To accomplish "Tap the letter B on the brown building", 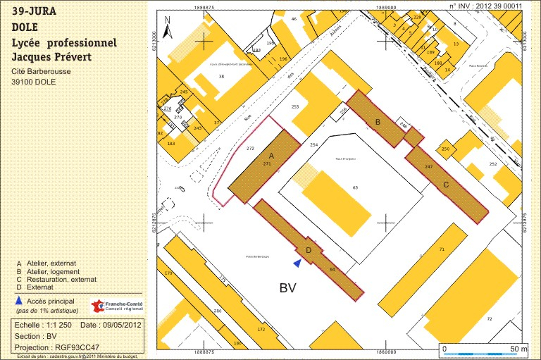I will pyautogui.click(x=378, y=123).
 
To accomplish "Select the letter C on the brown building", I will pyautogui.click(x=445, y=185).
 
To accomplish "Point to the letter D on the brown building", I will pyautogui.click(x=308, y=249).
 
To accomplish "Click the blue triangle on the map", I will pyautogui.click(x=298, y=263).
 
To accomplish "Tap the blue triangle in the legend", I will pyautogui.click(x=18, y=301).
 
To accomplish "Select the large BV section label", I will pyautogui.click(x=287, y=287).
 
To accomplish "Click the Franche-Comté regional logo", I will pyautogui.click(x=117, y=306).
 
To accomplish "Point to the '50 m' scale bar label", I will pyautogui.click(x=518, y=349).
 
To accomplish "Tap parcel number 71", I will pyautogui.click(x=442, y=250).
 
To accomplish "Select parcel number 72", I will pyautogui.click(x=489, y=318).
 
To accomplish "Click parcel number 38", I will pyautogui.click(x=221, y=76).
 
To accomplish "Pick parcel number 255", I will pyautogui.click(x=295, y=106).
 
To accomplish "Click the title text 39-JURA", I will pyautogui.click(x=35, y=12).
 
